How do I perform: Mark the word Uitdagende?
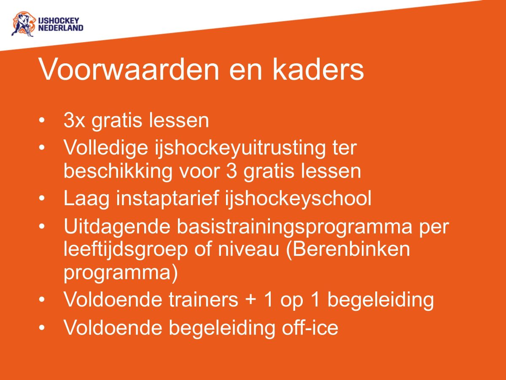117,227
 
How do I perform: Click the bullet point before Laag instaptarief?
42,198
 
